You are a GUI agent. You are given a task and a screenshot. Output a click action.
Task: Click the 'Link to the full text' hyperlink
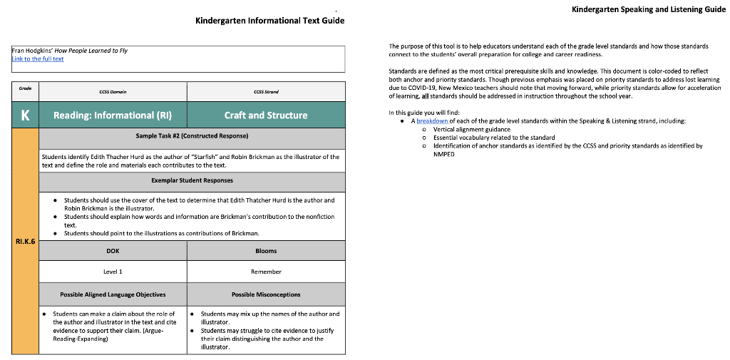click(38, 59)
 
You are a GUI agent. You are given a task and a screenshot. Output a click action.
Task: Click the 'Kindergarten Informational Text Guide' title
click(269, 21)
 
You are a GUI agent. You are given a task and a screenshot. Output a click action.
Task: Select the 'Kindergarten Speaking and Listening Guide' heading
click(648, 9)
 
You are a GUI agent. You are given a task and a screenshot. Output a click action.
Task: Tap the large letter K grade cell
click(25, 115)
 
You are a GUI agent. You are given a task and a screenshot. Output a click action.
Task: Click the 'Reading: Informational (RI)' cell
click(113, 115)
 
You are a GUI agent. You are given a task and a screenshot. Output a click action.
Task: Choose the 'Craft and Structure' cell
click(266, 115)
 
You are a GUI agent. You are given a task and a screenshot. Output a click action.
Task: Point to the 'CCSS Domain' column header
click(113, 92)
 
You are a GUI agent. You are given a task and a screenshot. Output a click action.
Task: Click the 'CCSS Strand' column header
click(266, 92)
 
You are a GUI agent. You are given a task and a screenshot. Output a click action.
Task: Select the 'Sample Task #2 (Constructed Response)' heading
click(192, 135)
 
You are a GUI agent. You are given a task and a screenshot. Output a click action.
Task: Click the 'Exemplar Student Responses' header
click(192, 180)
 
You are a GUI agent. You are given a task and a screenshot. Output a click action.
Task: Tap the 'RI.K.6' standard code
click(25, 242)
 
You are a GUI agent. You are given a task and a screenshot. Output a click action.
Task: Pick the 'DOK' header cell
click(113, 251)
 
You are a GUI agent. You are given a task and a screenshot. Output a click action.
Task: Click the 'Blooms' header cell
click(266, 251)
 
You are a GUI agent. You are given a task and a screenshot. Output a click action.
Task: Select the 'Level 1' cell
click(113, 272)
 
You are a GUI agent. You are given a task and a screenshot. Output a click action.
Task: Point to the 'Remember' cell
click(266, 272)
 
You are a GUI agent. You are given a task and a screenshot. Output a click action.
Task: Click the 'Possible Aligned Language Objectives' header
click(113, 294)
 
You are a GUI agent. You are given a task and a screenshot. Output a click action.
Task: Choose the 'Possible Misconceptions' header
click(266, 294)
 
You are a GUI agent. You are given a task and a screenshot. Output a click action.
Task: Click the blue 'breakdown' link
click(432, 121)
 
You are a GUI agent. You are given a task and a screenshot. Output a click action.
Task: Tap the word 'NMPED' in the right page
click(444, 154)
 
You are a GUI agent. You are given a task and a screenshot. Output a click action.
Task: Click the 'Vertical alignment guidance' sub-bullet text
click(471, 130)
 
